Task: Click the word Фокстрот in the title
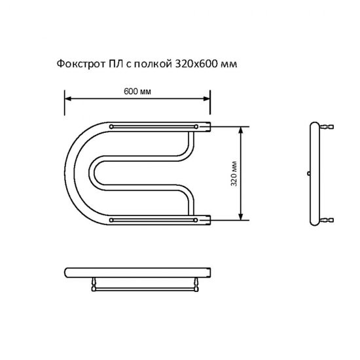click(x=81, y=64)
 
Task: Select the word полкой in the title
click(x=153, y=64)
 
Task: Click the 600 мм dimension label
click(x=137, y=92)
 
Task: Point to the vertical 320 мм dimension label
click(x=234, y=174)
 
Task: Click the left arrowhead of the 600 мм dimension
click(x=68, y=99)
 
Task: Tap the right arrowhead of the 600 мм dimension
click(x=207, y=99)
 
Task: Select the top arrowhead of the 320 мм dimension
click(x=241, y=130)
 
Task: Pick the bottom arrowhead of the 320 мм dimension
click(x=241, y=217)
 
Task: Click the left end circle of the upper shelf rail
click(x=111, y=126)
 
